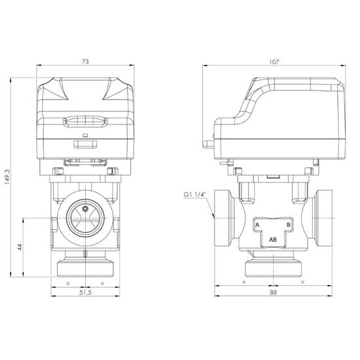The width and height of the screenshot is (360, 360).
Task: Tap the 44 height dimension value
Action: click(x=20, y=247)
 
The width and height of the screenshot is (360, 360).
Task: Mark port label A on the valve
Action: click(x=258, y=225)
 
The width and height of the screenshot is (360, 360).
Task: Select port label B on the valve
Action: click(x=288, y=225)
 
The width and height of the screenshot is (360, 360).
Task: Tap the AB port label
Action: click(x=273, y=240)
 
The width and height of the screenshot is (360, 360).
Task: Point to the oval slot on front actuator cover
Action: click(x=85, y=120)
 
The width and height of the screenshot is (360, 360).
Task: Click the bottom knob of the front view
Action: click(x=85, y=268)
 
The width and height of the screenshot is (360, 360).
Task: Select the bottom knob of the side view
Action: click(x=273, y=269)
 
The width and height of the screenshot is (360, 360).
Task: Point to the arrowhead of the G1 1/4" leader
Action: click(x=214, y=215)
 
